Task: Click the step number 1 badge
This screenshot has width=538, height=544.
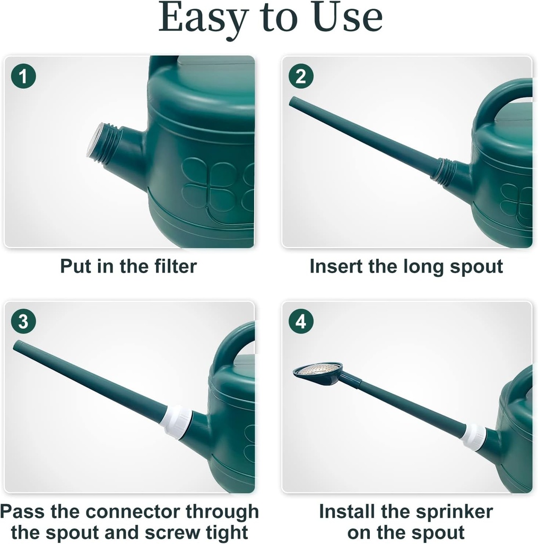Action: click(x=23, y=78)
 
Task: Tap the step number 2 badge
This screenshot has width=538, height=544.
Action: click(x=301, y=77)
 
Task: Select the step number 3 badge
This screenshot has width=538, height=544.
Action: click(x=23, y=322)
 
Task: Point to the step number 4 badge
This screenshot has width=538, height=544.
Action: click(x=301, y=322)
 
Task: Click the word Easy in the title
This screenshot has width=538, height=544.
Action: click(x=203, y=18)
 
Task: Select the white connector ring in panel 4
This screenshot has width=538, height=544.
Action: click(x=473, y=437)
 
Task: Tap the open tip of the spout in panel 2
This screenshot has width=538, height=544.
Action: click(x=293, y=101)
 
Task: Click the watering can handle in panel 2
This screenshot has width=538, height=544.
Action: click(x=501, y=101)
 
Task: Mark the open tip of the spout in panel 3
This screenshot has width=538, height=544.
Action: click(x=17, y=345)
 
